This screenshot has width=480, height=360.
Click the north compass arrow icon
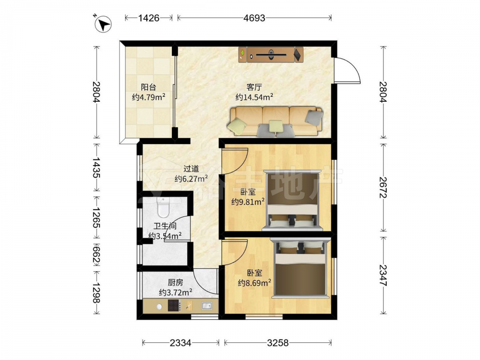103,24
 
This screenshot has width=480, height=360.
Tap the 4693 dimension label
254,18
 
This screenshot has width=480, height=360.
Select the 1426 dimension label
148,18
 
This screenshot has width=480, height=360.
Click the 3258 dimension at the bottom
277,343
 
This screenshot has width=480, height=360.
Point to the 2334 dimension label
180,343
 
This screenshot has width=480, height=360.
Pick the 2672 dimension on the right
383,187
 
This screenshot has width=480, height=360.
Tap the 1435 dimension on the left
96,168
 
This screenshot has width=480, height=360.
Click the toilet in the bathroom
163,206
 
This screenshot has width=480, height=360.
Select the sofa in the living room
275,121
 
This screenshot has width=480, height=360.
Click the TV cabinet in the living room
271,55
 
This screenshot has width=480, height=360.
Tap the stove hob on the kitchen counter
174,305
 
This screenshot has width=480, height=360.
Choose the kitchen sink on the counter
207,305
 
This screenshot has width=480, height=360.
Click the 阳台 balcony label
148,87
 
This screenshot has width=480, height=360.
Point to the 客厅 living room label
254,87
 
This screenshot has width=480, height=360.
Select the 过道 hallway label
191,168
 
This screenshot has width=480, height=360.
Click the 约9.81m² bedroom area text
248,202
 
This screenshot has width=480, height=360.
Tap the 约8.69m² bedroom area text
255,283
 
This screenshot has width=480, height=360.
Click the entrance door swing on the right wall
348,71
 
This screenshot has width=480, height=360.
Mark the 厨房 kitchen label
175,282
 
